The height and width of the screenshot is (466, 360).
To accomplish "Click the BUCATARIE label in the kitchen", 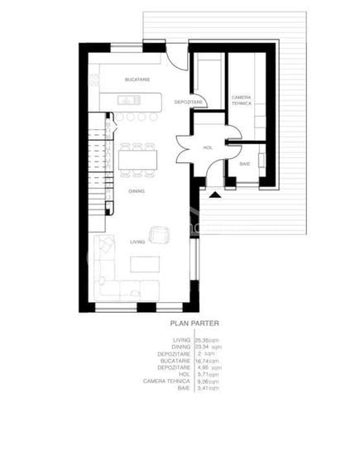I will point(137,79).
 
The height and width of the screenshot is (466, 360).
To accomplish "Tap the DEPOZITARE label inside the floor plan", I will point(189,102).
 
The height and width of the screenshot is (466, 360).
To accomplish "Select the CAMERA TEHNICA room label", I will point(242,100).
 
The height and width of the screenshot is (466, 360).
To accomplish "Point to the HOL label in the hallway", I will point(208,148).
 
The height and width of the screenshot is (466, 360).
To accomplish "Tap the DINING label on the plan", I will point(137,190).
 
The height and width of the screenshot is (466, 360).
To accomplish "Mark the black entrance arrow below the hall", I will point(215,195).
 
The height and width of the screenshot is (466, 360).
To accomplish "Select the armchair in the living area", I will point(158,233).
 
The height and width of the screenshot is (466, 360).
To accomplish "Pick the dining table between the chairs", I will point(137,159).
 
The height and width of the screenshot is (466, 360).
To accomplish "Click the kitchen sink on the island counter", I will point(127,101).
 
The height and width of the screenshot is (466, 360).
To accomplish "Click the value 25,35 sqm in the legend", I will point(205,340).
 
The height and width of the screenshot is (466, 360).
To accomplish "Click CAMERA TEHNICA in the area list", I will point(170,381).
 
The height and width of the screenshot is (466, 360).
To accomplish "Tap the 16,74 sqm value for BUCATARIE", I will point(207,361).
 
